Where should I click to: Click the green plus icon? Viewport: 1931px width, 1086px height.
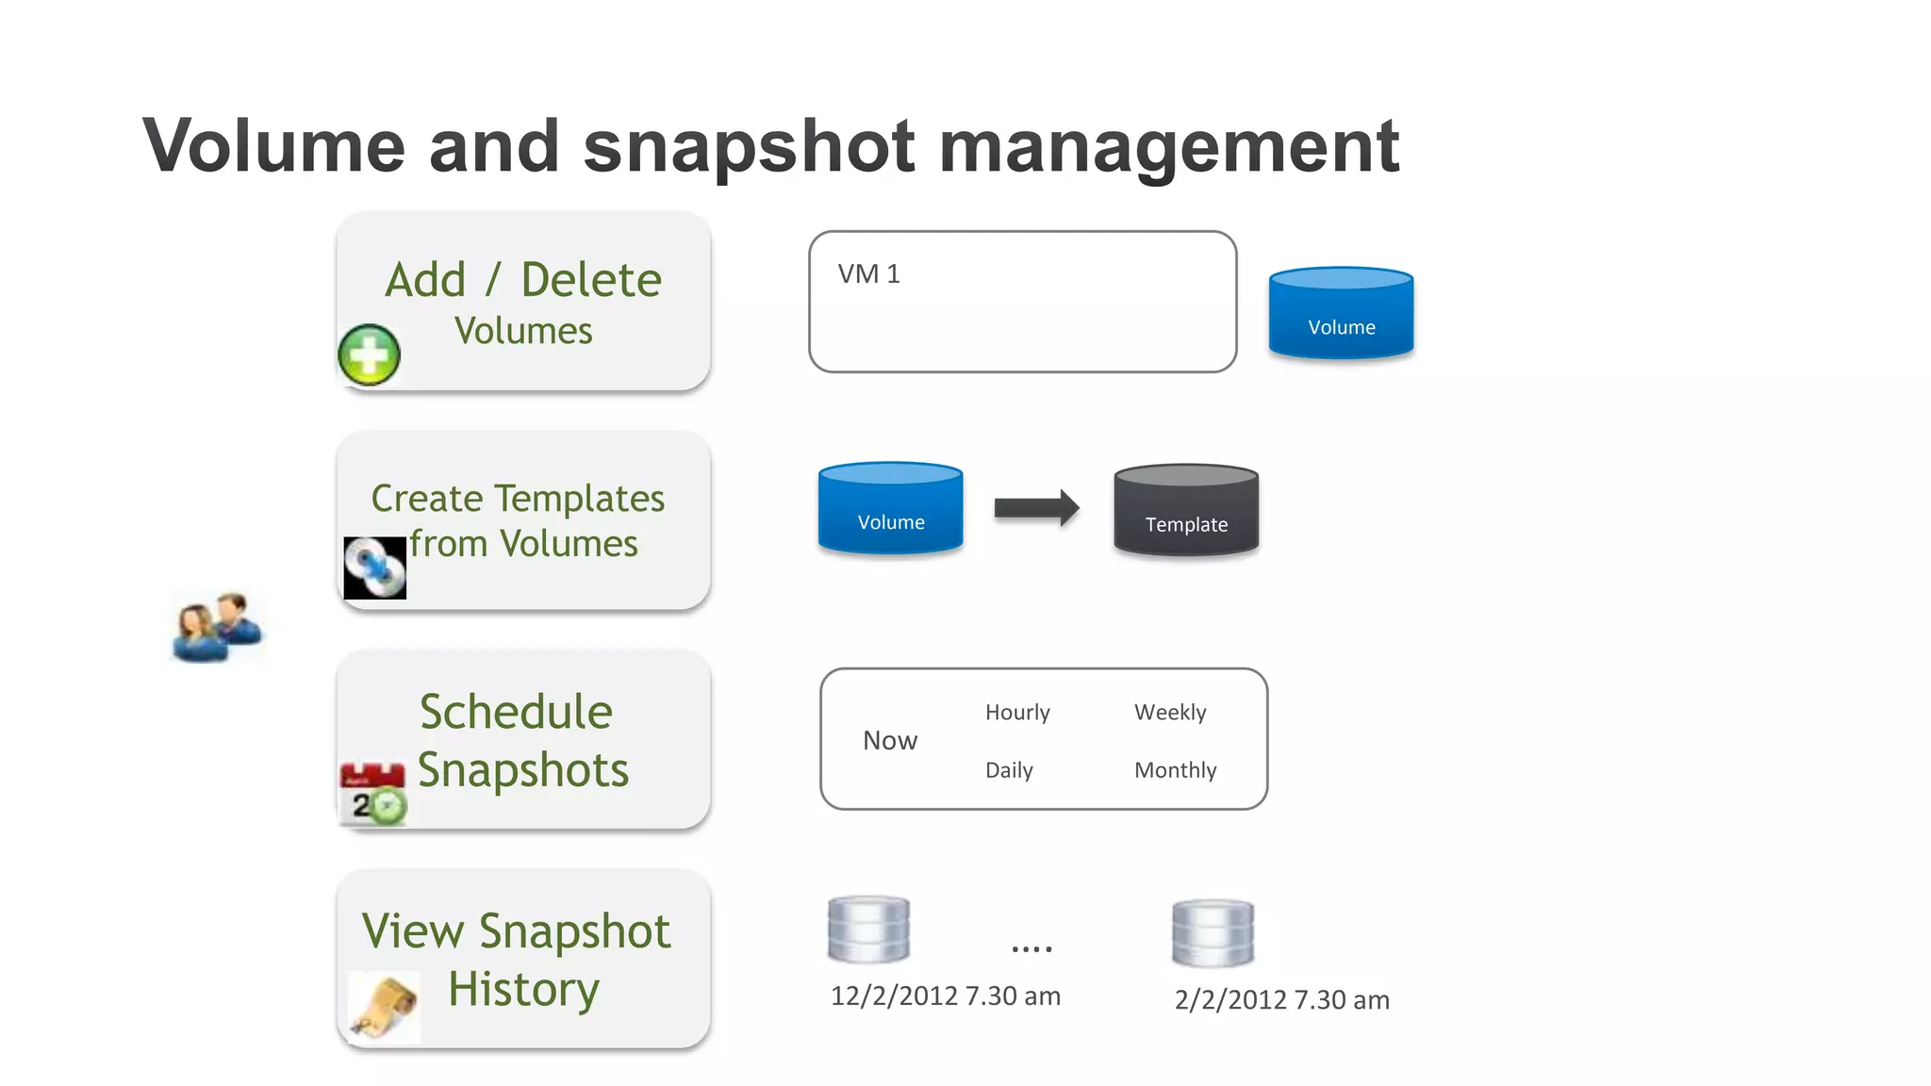pos(369,354)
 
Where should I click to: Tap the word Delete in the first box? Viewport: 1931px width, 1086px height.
pos(591,280)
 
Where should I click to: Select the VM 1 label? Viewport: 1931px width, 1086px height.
pos(868,274)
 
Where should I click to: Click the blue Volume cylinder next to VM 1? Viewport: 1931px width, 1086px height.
pos(1341,314)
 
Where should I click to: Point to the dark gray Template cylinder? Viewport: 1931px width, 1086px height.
pos(1186,510)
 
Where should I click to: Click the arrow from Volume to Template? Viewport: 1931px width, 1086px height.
pos(1036,508)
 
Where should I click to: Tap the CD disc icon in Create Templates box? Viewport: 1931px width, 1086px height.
pos(374,568)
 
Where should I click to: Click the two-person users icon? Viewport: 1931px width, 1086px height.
pos(218,627)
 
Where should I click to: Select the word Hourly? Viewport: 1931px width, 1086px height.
pos(1017,712)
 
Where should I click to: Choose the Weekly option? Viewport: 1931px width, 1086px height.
pos(1170,712)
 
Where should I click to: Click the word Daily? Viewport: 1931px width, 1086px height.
pos(1009,770)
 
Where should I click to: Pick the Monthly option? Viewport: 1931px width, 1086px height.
pos(1175,770)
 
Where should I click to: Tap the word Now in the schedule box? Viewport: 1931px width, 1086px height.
pos(889,741)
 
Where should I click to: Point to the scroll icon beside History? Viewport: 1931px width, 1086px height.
pos(385,1008)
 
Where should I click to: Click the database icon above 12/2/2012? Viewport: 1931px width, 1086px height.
pos(868,930)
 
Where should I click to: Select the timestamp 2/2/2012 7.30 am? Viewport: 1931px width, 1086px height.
pos(1281,999)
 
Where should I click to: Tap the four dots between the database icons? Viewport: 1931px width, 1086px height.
pos(1032,948)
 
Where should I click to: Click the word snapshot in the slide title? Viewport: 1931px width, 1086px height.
pos(749,146)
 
